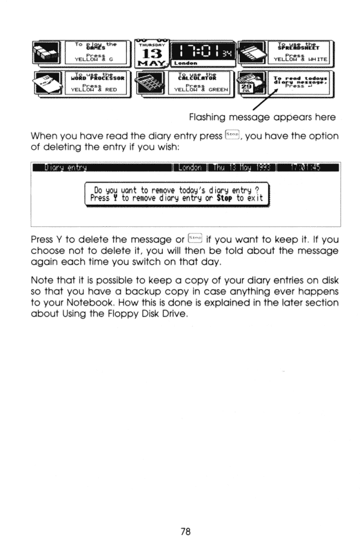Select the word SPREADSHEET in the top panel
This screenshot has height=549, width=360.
[299, 46]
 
